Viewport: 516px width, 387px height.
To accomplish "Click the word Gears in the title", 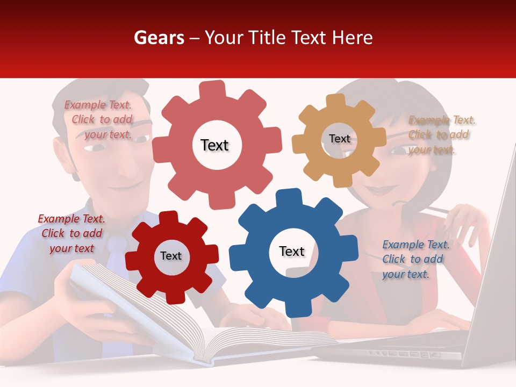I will coord(159,38).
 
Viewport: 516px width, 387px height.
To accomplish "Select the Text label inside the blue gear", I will coord(292,252).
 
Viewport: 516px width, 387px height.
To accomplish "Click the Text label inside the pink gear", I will coord(214,145).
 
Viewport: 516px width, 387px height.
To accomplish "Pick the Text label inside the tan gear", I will coord(340,139).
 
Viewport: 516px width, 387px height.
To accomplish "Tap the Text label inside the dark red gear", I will coord(171,256).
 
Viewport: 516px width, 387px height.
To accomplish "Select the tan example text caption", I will coord(441,135).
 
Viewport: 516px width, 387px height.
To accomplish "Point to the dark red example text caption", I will coord(71,233).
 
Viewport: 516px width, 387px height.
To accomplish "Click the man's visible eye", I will coord(141,139).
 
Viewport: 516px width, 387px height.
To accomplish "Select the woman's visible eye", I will coord(398,150).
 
